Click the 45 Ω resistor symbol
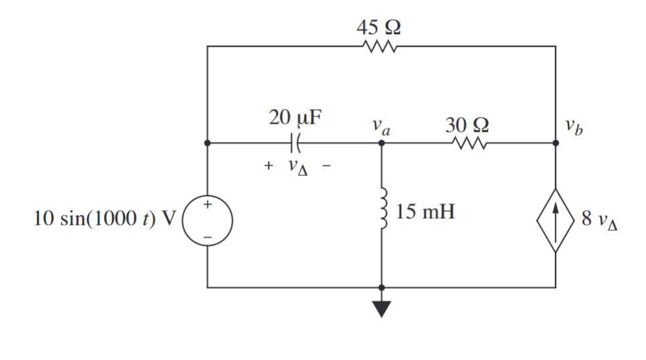380,47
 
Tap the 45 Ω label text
380,27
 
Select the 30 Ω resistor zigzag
468,143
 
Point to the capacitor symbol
295,143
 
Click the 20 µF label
295,119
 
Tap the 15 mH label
424,213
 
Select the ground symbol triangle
382,308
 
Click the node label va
382,126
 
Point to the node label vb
573,126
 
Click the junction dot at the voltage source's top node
208,143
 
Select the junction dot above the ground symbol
382,287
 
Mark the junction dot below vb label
555,143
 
